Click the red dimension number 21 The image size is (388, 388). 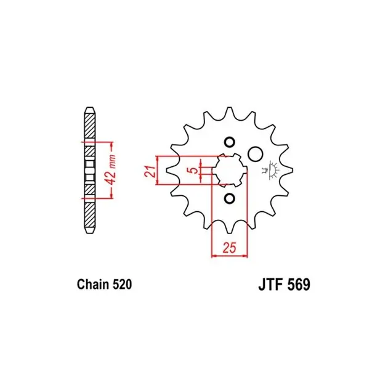[150, 171]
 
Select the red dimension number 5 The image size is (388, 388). [194, 170]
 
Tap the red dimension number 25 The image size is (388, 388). [229, 248]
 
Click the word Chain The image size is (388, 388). [93, 285]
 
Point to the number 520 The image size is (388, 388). [122, 285]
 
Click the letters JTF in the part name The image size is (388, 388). [270, 285]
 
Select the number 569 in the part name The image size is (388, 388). [299, 285]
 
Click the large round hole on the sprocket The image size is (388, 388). [255, 154]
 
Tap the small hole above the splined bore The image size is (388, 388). [229, 142]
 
